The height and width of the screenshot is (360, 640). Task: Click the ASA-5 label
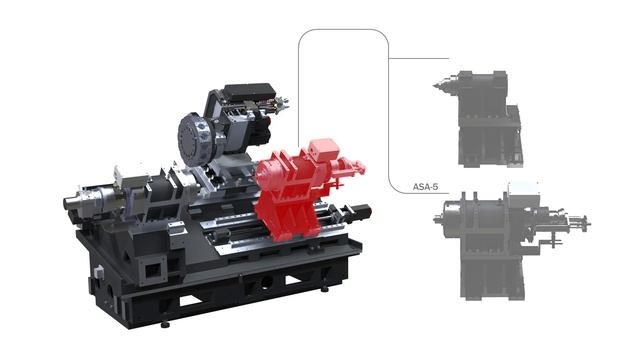click(x=425, y=187)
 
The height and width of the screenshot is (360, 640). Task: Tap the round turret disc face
click(x=193, y=139)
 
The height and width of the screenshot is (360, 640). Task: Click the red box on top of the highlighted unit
click(x=324, y=151)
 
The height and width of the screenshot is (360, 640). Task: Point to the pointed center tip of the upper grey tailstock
click(x=434, y=86)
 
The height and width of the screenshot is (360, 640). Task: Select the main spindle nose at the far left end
click(x=71, y=202)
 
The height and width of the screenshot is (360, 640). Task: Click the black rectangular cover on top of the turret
click(x=249, y=93)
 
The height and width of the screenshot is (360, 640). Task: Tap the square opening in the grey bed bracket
click(x=153, y=270)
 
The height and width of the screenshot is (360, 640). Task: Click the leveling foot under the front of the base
click(x=165, y=324)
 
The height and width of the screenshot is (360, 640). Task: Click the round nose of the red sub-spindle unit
click(x=263, y=175)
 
